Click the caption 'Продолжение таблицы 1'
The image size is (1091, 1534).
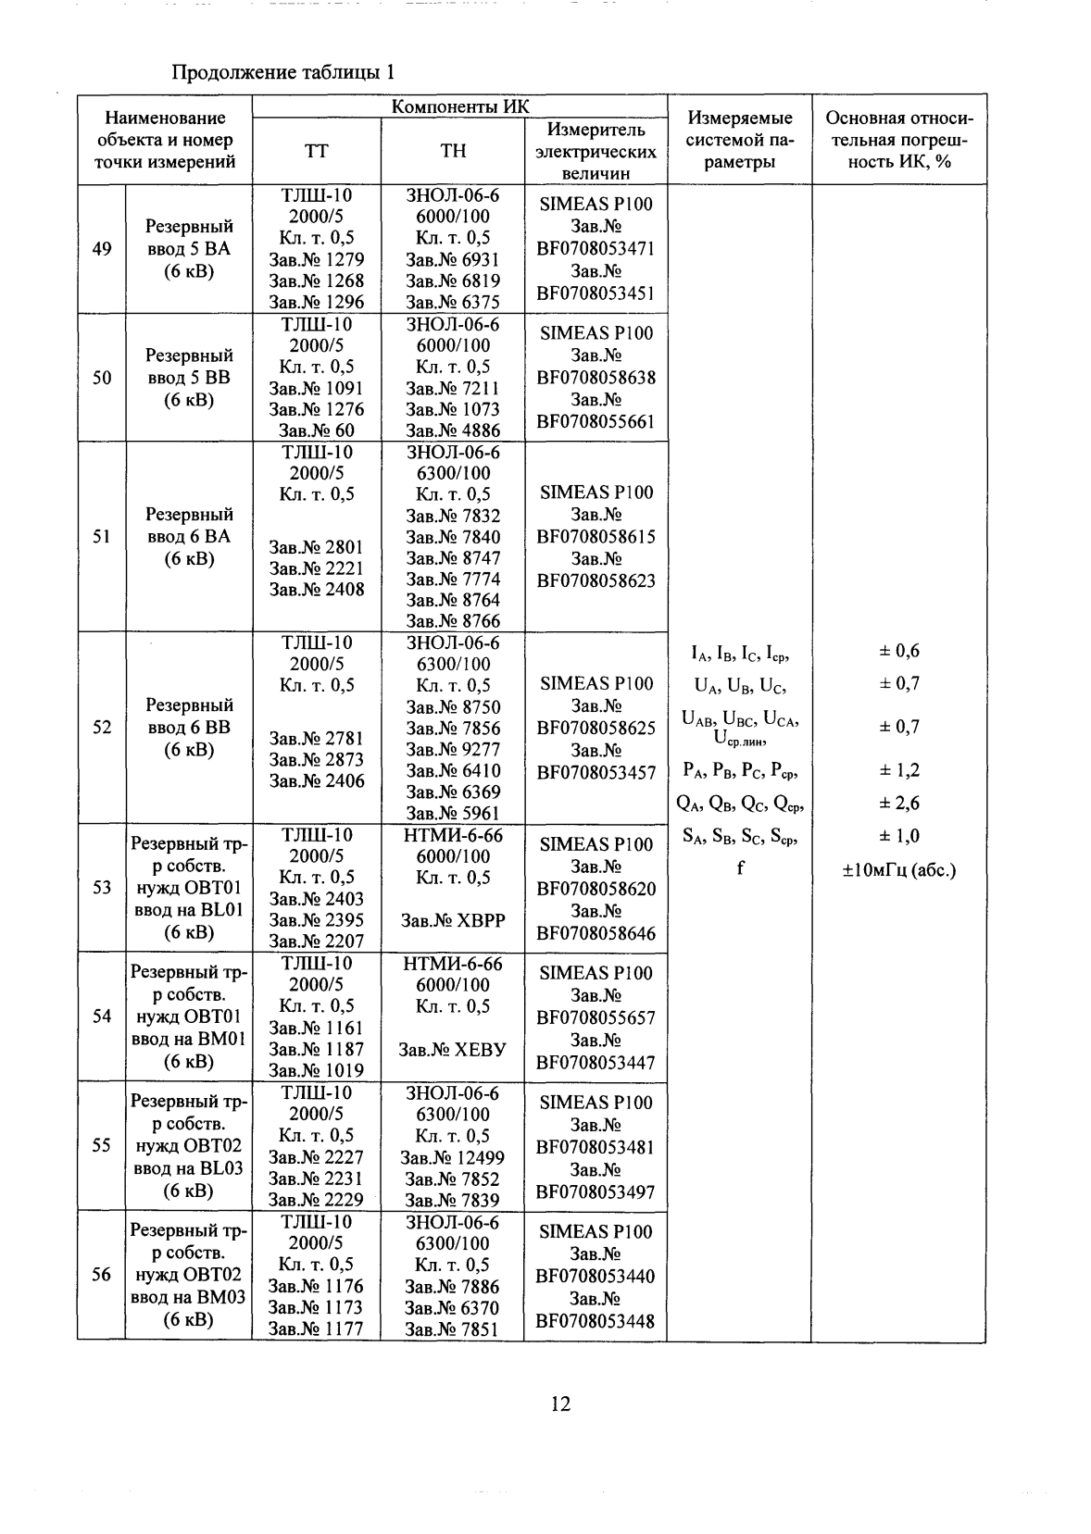click(x=285, y=72)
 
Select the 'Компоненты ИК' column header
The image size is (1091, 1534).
click(x=460, y=106)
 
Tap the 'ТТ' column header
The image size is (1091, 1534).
click(x=316, y=151)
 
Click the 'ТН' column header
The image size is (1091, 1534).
click(x=453, y=151)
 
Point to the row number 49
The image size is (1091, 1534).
click(x=102, y=249)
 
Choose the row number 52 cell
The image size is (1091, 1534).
click(x=102, y=728)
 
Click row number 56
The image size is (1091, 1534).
click(x=102, y=1275)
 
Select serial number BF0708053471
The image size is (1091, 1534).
click(x=596, y=249)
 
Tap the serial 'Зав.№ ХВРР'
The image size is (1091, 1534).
click(x=453, y=920)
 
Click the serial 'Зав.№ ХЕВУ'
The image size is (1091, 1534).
click(x=453, y=1050)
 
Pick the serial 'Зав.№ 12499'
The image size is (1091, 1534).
click(x=453, y=1157)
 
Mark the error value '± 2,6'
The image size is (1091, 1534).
click(x=899, y=804)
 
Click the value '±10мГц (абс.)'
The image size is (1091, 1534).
click(x=899, y=870)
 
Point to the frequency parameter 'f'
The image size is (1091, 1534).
click(x=740, y=868)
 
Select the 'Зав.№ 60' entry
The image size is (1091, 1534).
click(x=316, y=430)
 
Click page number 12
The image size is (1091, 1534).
click(x=560, y=1404)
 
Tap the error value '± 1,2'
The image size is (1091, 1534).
click(x=899, y=770)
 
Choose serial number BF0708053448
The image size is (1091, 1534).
click(x=596, y=1321)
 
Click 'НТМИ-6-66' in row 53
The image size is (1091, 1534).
click(x=453, y=835)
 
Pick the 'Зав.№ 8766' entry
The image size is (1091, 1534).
click(x=453, y=622)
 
